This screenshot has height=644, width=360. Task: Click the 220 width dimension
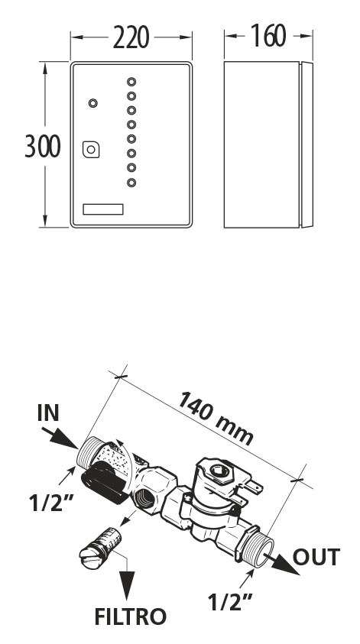(131, 37)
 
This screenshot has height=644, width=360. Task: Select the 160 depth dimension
(268, 36)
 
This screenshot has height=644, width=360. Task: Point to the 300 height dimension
(43, 146)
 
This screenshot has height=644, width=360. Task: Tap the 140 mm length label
(216, 418)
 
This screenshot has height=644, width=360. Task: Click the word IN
(48, 413)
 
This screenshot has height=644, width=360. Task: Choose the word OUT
(316, 557)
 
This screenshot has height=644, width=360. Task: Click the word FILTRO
(130, 616)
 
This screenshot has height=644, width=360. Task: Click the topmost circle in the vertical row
(131, 82)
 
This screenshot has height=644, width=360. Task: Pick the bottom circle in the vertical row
(131, 183)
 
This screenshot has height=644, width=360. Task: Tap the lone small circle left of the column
(93, 103)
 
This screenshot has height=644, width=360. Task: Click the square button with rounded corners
(91, 150)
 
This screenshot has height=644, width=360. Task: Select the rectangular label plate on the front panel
(103, 209)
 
